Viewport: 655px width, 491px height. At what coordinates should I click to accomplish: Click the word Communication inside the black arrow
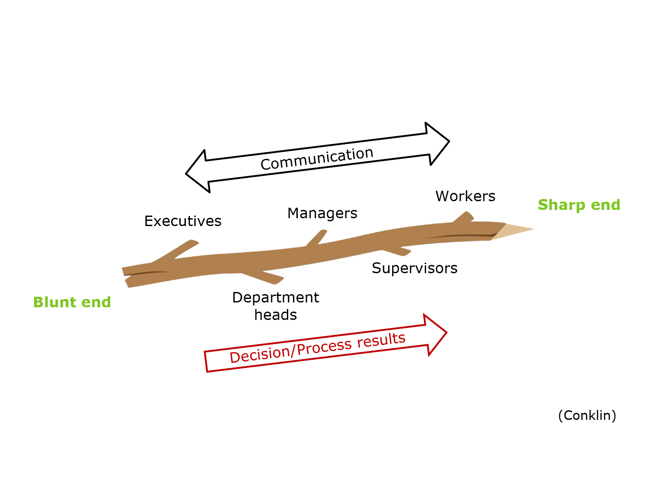317,158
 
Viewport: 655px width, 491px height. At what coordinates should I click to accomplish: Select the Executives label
183,221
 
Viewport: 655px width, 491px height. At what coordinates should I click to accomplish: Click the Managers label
322,213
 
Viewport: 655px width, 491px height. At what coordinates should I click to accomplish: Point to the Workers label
465,196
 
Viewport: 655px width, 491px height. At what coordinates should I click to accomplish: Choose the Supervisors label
414,268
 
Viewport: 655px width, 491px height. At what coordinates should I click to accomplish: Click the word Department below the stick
276,298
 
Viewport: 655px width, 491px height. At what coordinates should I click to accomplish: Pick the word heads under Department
276,315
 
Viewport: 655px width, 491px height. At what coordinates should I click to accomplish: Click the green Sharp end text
579,205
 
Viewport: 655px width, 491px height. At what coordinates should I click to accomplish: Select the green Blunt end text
72,302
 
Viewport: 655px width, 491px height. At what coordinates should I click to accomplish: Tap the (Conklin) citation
587,415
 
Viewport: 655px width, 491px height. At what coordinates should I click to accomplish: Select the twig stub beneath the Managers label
317,238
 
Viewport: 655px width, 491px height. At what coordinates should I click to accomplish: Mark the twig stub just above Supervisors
400,251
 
